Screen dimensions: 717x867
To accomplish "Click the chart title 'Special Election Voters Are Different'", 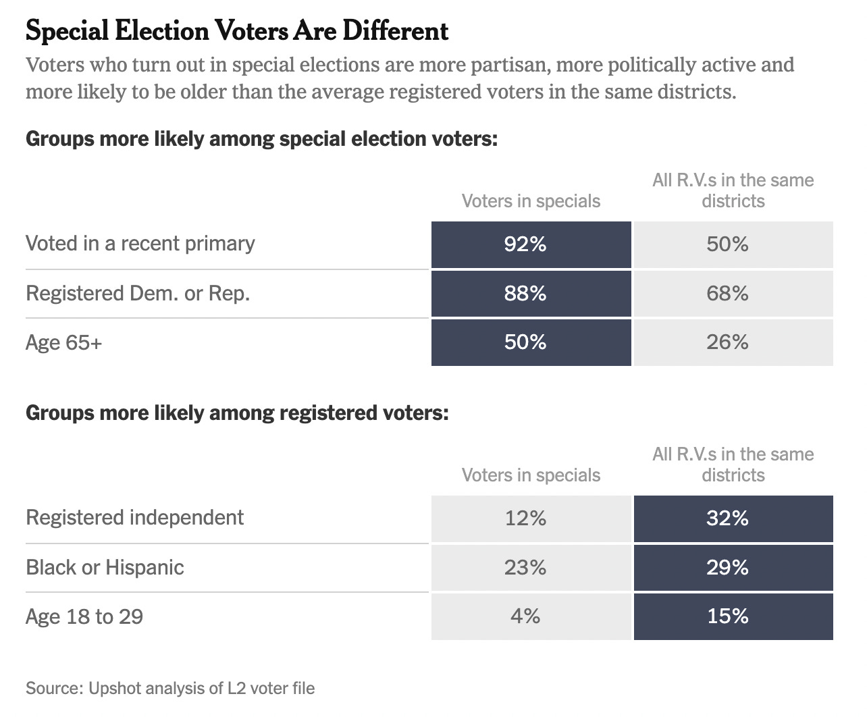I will point(236,31).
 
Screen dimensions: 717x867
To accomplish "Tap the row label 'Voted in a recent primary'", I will point(140,244).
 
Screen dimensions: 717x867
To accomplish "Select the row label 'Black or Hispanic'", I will point(105,568).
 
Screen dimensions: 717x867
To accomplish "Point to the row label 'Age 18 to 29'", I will point(84,617).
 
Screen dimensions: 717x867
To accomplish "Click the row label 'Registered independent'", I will point(134,518).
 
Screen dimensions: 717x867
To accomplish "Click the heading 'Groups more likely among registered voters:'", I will point(237,413).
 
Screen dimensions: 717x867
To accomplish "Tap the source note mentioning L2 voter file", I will point(170,689).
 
